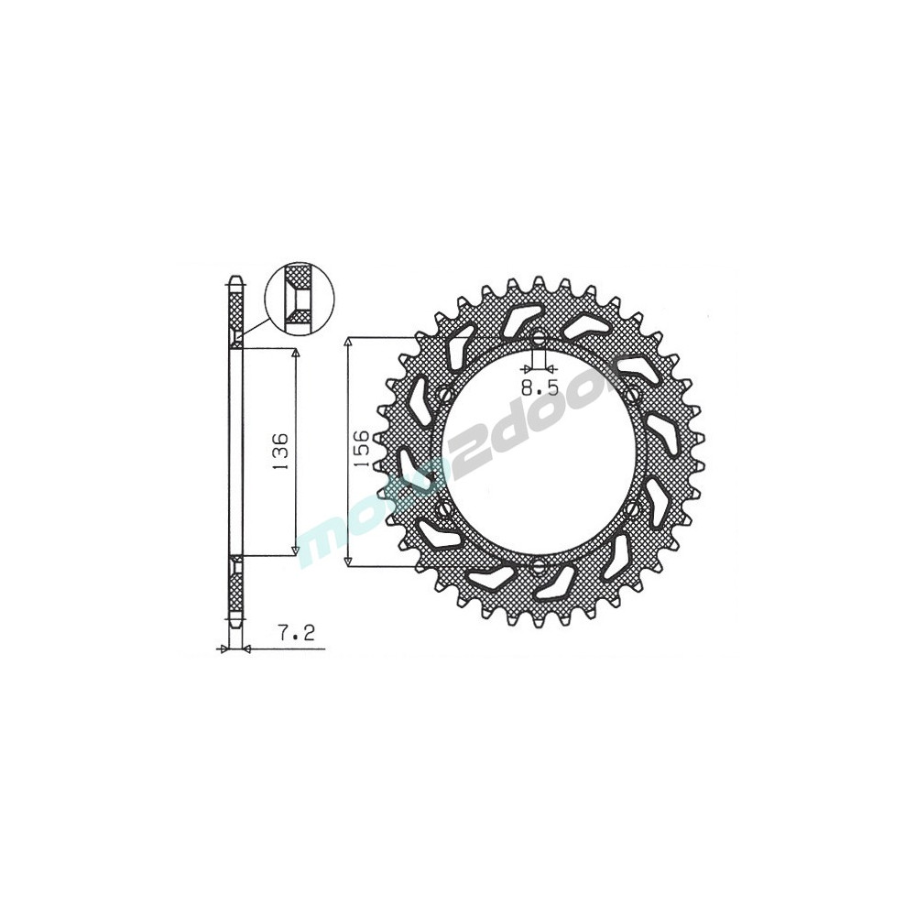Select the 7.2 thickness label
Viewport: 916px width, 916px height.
pos(296,632)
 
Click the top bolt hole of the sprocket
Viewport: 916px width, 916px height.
pos(539,337)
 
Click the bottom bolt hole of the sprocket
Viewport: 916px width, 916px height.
pos(539,565)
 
